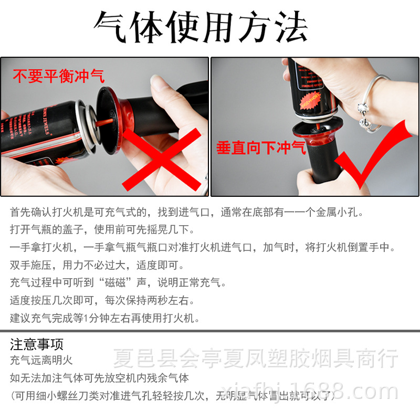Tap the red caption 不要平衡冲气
click(x=59, y=76)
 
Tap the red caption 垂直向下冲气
click(x=261, y=148)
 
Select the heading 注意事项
click(x=37, y=345)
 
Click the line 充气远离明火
click(x=41, y=361)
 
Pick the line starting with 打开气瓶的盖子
click(x=102, y=229)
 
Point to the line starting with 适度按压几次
click(x=102, y=301)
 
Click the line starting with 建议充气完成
click(x=105, y=318)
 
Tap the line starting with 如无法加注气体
click(x=99, y=378)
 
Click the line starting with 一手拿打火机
click(x=202, y=247)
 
